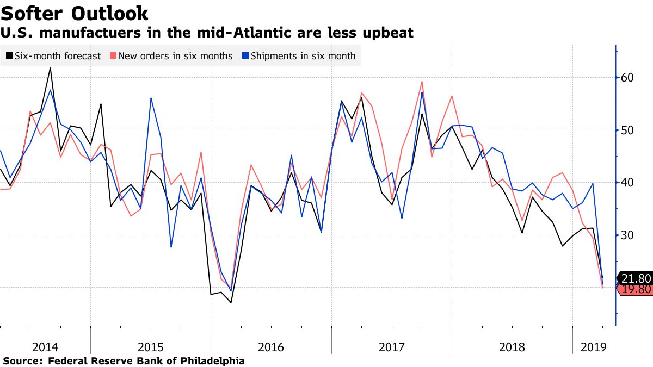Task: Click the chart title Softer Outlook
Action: click(x=75, y=13)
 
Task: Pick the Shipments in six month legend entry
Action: click(x=303, y=56)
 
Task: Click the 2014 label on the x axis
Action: click(x=45, y=346)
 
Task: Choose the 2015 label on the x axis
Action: click(x=150, y=346)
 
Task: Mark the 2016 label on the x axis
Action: click(x=270, y=346)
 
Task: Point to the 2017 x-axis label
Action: click(x=391, y=346)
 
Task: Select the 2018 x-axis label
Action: click(x=512, y=346)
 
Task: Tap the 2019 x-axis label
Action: click(x=594, y=346)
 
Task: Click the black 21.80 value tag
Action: click(x=636, y=278)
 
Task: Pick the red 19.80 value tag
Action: click(x=636, y=289)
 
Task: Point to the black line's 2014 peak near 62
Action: click(x=51, y=68)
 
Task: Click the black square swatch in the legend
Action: click(x=9, y=56)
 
